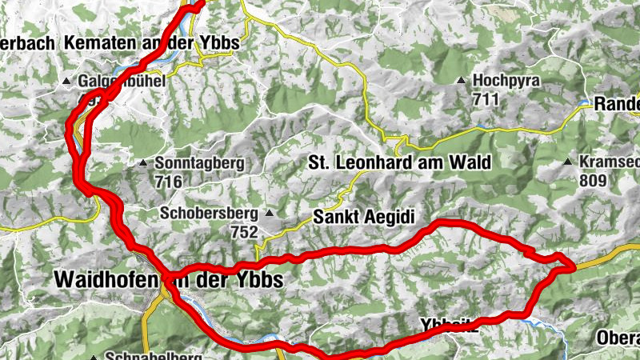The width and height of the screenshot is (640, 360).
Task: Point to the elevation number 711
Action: pyautogui.click(x=485, y=99)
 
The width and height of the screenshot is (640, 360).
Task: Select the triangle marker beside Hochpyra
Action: pyautogui.click(x=462, y=81)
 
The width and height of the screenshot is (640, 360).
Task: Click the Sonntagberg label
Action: pyautogui.click(x=197, y=164)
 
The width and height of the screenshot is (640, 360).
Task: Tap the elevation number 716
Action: pyautogui.click(x=170, y=182)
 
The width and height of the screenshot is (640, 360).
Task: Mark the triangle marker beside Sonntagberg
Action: pyautogui.click(x=142, y=164)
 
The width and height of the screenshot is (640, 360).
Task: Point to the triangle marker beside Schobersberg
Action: pyautogui.click(x=270, y=214)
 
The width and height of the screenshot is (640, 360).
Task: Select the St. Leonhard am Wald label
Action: pyautogui.click(x=399, y=162)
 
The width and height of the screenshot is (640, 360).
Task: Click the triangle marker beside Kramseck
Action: pyautogui.click(x=567, y=162)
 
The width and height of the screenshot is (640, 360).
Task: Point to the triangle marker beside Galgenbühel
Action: pyautogui.click(x=67, y=82)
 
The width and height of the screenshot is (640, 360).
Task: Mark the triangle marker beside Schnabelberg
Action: pyautogui.click(x=94, y=357)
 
